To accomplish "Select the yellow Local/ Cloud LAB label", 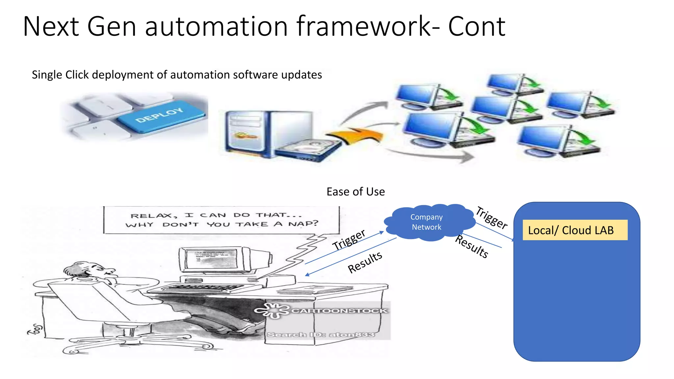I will [575, 230].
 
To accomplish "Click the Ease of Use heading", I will [355, 192].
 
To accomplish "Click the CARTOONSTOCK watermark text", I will [339, 311].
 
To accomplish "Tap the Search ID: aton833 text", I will [321, 335].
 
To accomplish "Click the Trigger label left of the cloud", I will [349, 240].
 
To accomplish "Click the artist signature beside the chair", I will [36, 329].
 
